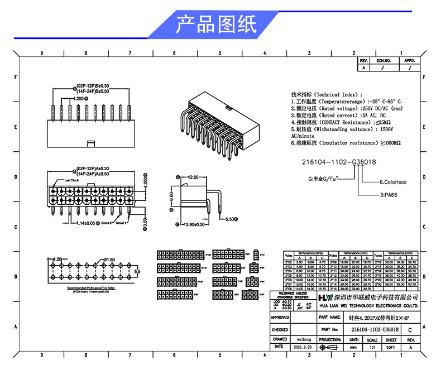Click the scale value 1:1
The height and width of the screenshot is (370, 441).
tap(372, 347)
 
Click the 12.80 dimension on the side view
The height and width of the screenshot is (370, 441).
tap(192, 177)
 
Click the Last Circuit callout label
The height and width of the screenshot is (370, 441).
tap(71, 181)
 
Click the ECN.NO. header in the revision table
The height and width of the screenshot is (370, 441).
tap(383, 60)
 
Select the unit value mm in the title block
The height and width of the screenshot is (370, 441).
tap(353, 347)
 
